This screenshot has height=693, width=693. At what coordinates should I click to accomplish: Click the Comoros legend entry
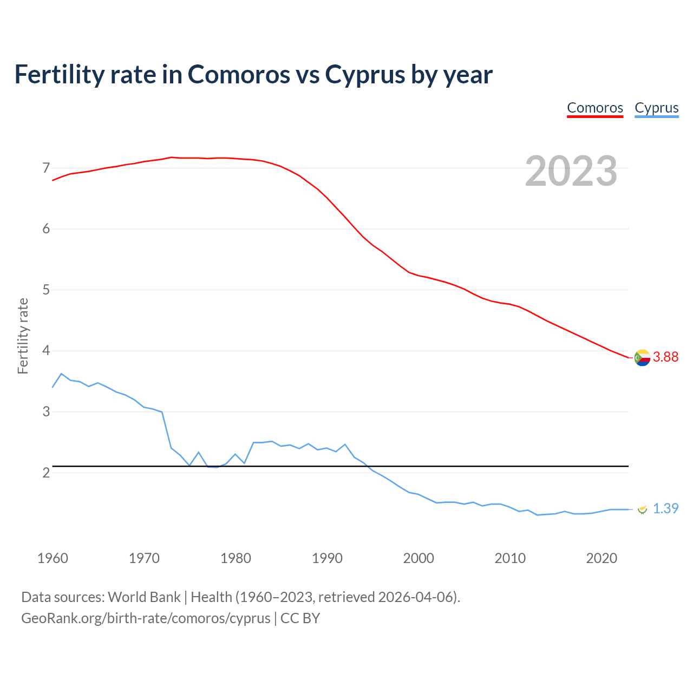[x=595, y=108]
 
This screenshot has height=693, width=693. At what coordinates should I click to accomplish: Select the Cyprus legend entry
[x=656, y=108]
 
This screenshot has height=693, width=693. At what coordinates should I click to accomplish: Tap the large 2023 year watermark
[x=571, y=171]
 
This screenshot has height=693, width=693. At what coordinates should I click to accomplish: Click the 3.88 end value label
[x=665, y=357]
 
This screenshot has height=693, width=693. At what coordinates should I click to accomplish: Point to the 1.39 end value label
[x=665, y=508]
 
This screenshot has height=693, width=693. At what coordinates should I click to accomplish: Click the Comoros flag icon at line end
[x=642, y=357]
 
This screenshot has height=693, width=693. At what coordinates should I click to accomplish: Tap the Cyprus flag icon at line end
[x=642, y=509]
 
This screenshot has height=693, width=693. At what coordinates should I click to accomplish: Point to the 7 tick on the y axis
[x=46, y=168]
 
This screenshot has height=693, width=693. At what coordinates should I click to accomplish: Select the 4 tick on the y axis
[x=46, y=351]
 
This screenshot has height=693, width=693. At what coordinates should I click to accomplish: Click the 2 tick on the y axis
[x=46, y=473]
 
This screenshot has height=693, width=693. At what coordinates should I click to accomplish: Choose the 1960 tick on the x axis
[x=53, y=558]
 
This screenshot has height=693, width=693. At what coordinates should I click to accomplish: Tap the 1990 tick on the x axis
[x=327, y=558]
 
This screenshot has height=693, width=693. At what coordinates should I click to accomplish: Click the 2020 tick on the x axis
[x=602, y=558]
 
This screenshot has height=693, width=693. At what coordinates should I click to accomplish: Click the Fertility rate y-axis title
[x=23, y=336]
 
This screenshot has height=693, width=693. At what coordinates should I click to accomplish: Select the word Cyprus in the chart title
[x=364, y=74]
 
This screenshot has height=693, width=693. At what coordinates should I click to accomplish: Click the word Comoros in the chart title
[x=239, y=74]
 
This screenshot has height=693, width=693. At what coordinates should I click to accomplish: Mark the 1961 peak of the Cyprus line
[x=61, y=374]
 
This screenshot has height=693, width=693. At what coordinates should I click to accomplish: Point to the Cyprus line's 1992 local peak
[x=345, y=444]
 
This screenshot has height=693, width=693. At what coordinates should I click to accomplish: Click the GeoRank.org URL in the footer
[x=146, y=618]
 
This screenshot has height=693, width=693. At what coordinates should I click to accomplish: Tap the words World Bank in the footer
[x=144, y=597]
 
